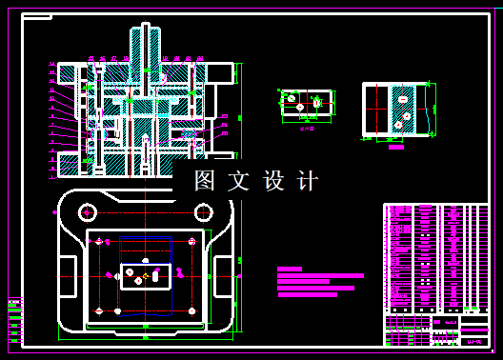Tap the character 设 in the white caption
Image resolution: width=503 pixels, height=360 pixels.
[x=273, y=181]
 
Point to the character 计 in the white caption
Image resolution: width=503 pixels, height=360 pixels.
[x=307, y=181]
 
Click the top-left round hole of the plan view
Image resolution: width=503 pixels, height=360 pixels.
[x=87, y=210]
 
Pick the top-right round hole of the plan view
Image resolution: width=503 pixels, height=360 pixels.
[x=203, y=211]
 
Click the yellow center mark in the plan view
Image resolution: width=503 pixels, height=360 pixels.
[x=145, y=277]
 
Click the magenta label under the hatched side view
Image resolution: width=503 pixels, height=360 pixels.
[x=396, y=147]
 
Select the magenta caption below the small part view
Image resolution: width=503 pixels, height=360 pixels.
[x=307, y=128]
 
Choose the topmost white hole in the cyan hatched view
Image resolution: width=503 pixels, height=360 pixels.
[x=403, y=97]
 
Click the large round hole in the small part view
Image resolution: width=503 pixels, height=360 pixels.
[x=292, y=97]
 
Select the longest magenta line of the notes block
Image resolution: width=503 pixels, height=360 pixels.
[x=320, y=276]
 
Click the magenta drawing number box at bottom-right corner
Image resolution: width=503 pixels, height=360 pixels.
[x=473, y=340]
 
